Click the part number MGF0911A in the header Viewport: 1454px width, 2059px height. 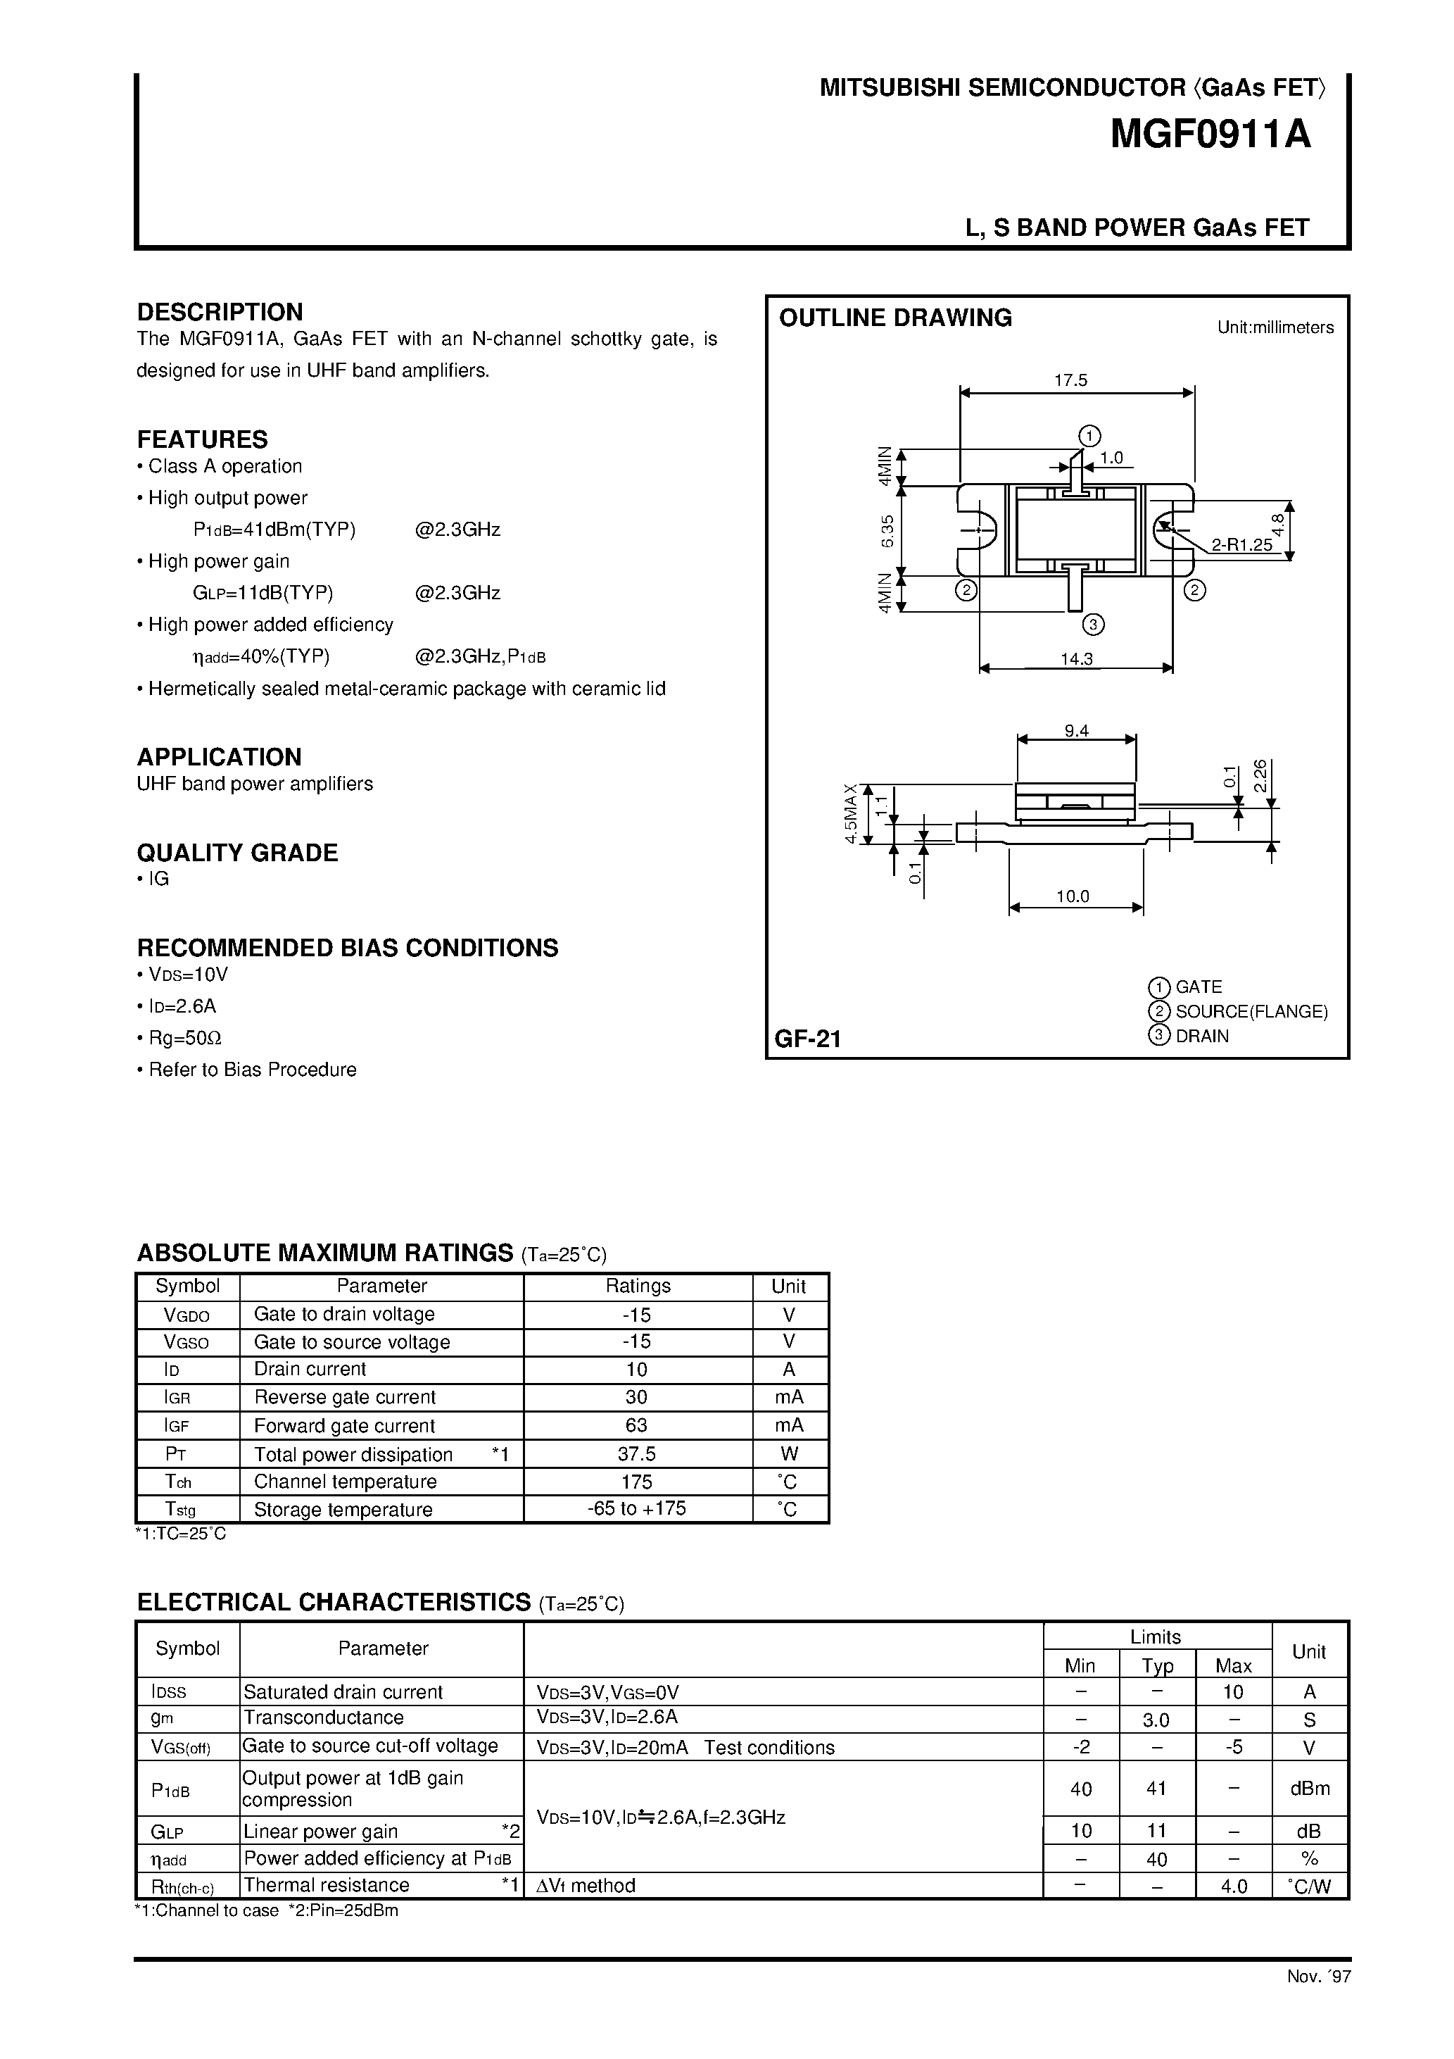pyautogui.click(x=1210, y=135)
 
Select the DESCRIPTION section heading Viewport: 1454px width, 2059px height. pyautogui.click(x=220, y=312)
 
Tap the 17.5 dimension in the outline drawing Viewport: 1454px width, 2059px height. pyautogui.click(x=1070, y=380)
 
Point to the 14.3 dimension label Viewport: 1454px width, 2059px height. pyautogui.click(x=1077, y=658)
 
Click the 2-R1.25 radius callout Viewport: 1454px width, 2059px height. pyautogui.click(x=1241, y=544)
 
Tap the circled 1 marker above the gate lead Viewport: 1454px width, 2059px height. pyautogui.click(x=1089, y=436)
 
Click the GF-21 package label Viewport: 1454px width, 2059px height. pyautogui.click(x=808, y=1039)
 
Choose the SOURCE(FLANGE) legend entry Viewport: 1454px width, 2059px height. pyautogui.click(x=1251, y=1012)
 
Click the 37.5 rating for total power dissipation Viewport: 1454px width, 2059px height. pyautogui.click(x=638, y=1453)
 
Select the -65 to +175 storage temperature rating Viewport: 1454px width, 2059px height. pyautogui.click(x=638, y=1508)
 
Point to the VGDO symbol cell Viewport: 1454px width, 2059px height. pyautogui.click(x=187, y=1315)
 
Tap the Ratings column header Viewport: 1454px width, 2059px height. pyautogui.click(x=638, y=1286)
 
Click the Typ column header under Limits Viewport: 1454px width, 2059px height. pyautogui.click(x=1157, y=1666)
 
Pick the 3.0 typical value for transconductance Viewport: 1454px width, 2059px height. pyautogui.click(x=1156, y=1720)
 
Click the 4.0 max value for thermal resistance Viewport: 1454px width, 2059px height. pyautogui.click(x=1234, y=1886)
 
